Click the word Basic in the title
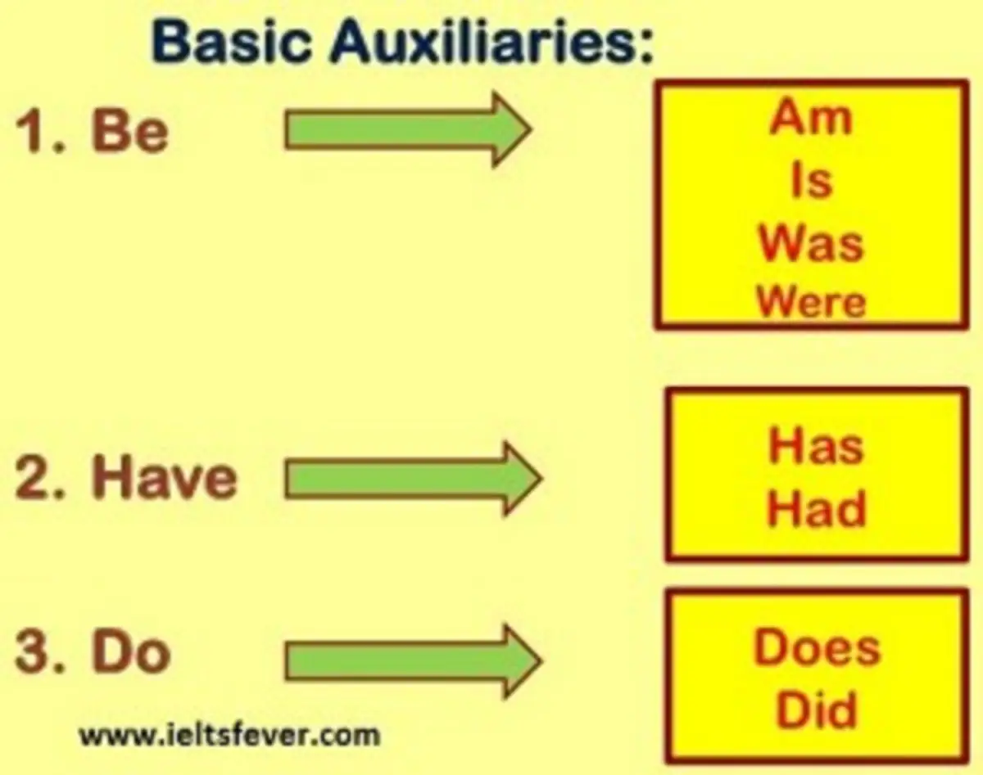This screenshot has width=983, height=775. [x=232, y=42]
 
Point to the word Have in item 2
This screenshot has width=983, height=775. [x=165, y=478]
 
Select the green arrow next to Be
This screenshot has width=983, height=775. [x=409, y=130]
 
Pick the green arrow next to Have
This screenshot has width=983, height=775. [x=414, y=479]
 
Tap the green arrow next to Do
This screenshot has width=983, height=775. [x=414, y=661]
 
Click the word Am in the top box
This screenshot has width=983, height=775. [x=811, y=117]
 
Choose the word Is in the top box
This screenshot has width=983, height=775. [x=812, y=181]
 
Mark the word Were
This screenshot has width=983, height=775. [x=811, y=301]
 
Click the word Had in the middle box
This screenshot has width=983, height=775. [x=816, y=508]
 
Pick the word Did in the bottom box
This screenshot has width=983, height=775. [x=817, y=710]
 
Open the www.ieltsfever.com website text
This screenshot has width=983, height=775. [x=229, y=735]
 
